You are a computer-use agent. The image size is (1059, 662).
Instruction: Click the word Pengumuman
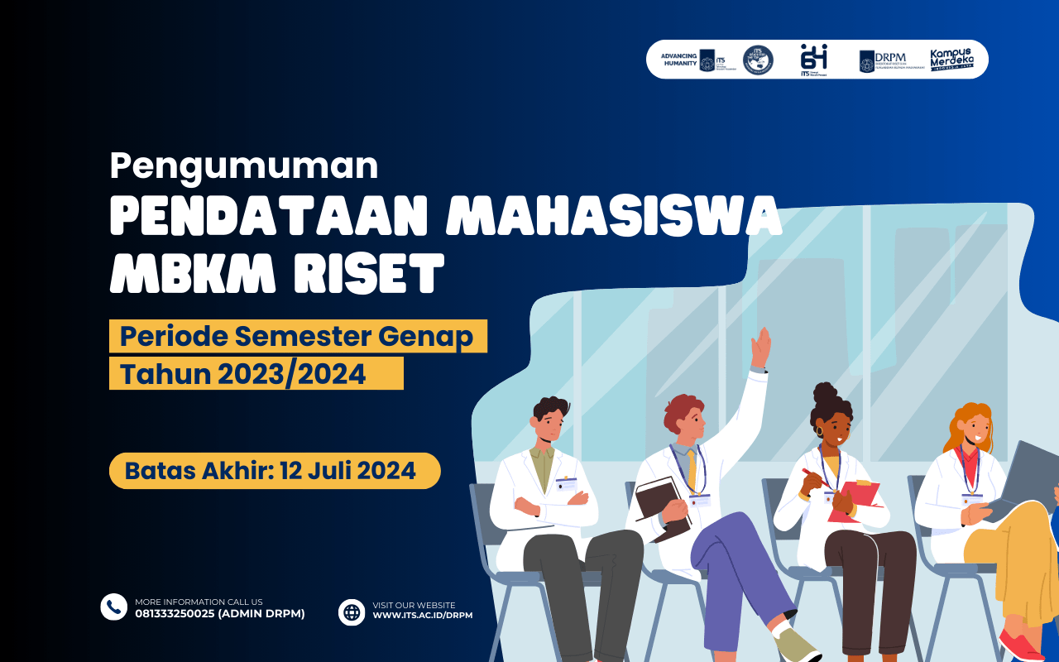(243, 167)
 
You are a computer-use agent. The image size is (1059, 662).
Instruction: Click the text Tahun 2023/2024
(243, 374)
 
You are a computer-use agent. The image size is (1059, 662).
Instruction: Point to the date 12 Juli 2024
(347, 471)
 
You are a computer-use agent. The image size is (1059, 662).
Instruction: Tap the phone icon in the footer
(113, 607)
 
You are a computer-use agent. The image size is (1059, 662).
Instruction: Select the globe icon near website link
(352, 612)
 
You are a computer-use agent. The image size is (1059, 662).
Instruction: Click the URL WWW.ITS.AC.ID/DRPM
(422, 616)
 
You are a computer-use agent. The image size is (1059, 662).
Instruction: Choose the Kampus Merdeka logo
(952, 60)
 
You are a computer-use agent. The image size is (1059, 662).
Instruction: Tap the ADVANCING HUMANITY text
(679, 60)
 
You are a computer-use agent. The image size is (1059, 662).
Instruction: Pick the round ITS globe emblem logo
(758, 60)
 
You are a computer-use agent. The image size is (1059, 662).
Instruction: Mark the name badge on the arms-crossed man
(567, 484)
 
